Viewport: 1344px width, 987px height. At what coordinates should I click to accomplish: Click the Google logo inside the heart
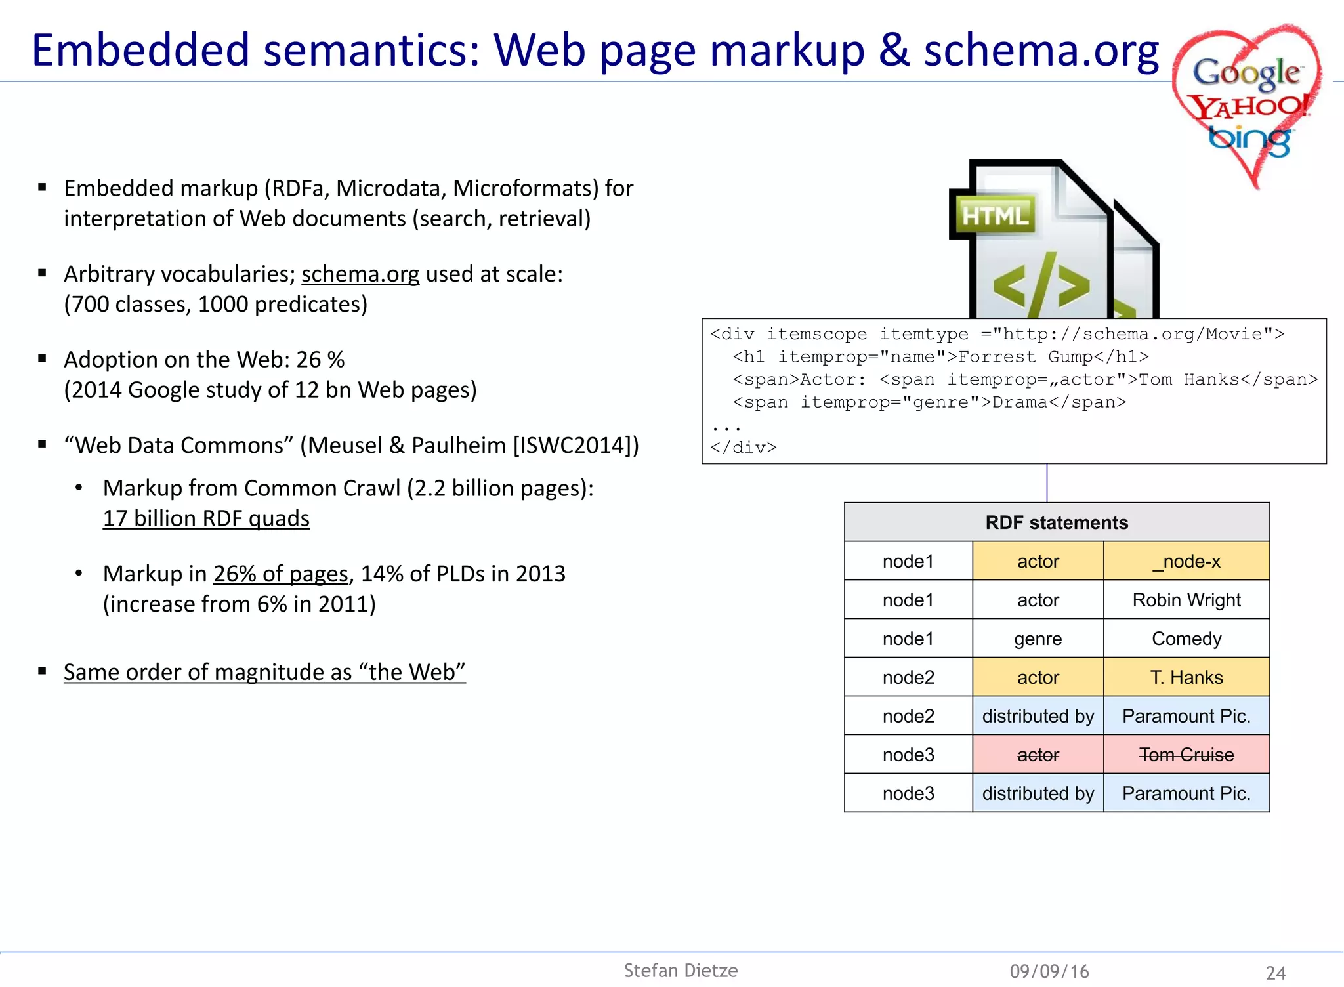1246,73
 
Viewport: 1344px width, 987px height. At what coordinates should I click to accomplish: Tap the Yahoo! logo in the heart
1249,106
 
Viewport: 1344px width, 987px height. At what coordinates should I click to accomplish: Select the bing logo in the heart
1249,139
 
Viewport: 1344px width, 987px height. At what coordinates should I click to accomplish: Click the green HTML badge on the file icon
995,215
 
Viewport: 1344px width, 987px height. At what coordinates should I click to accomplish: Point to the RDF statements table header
1056,522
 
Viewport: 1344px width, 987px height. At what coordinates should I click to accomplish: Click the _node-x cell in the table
1186,561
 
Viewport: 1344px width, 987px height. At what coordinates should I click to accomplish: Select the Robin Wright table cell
1186,600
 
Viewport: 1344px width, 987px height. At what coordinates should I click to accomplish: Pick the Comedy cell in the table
1186,639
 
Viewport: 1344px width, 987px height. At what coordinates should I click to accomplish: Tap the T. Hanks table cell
1186,677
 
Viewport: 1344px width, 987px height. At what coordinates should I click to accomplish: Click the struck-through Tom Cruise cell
1186,755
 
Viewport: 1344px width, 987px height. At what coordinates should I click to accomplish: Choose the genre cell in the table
1038,639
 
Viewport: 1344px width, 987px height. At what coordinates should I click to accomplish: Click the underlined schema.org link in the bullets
360,274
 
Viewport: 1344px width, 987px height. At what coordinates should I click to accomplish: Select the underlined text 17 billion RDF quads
206,518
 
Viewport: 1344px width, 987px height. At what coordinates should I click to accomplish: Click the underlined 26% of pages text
280,574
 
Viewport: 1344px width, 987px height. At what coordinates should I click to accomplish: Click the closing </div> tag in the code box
743,448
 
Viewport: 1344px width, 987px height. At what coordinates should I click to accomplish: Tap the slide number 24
1275,973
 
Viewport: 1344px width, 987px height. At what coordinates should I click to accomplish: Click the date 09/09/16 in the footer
1049,971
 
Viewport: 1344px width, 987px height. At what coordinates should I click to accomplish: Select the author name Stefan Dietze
681,971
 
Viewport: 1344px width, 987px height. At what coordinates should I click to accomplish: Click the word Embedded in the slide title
140,51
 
